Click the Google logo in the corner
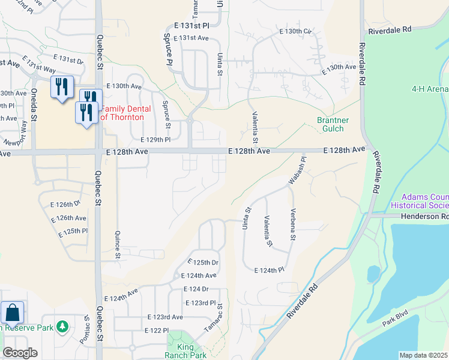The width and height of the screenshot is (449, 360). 20,353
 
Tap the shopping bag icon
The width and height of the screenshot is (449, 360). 12,312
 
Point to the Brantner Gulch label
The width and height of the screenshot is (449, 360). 330,124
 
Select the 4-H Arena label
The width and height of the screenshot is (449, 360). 430,89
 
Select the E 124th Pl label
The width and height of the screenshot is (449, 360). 270,271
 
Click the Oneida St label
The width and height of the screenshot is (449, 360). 34,109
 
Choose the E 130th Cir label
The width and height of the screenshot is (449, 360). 297,31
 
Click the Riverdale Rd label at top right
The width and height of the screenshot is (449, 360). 390,29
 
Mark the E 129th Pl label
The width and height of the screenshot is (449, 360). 155,139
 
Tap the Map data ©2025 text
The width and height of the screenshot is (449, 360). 423,355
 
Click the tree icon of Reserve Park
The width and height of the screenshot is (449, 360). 62,327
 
